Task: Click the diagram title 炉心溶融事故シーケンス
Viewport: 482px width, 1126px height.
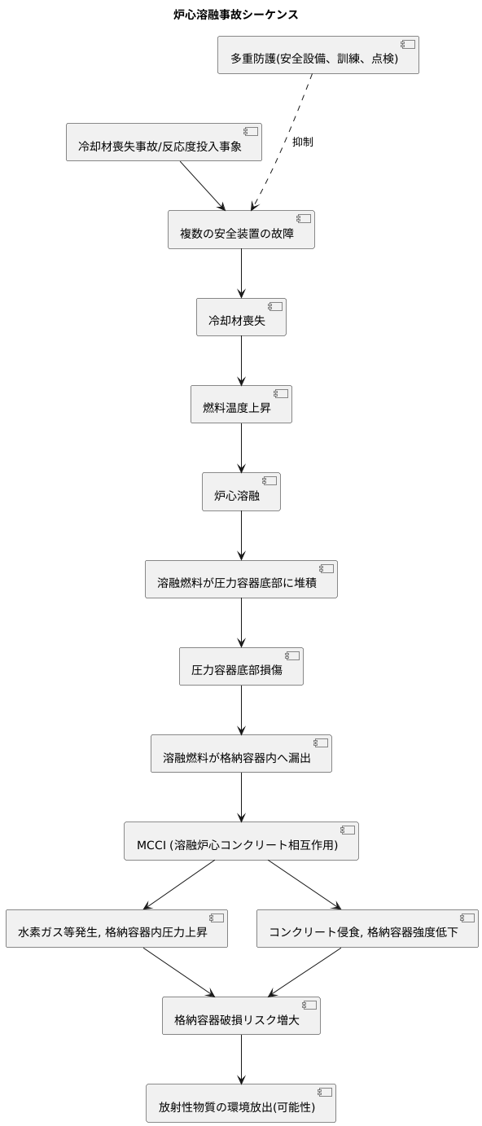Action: pyautogui.click(x=236, y=15)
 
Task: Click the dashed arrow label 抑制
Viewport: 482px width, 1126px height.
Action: pyautogui.click(x=302, y=142)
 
